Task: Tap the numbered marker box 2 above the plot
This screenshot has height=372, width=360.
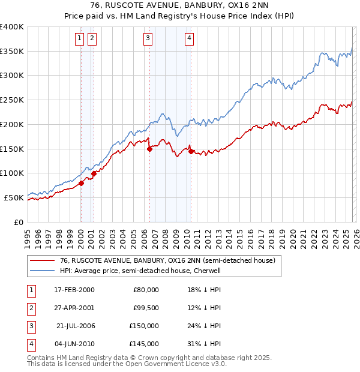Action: click(92, 39)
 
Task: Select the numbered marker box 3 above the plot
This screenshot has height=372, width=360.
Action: click(148, 39)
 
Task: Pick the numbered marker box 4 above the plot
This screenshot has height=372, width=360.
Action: click(188, 39)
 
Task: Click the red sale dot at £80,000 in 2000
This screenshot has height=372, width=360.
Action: click(81, 184)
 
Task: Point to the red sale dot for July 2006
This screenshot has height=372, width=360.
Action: click(149, 149)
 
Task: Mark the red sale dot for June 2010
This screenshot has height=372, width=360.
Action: click(191, 152)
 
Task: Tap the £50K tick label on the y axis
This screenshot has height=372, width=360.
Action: click(14, 197)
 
